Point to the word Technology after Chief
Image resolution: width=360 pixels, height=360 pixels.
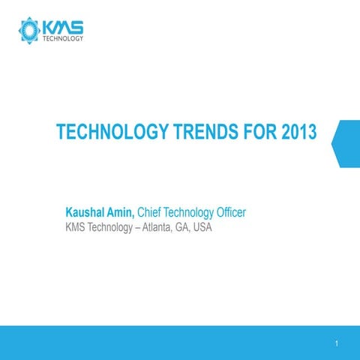point(190,213)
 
